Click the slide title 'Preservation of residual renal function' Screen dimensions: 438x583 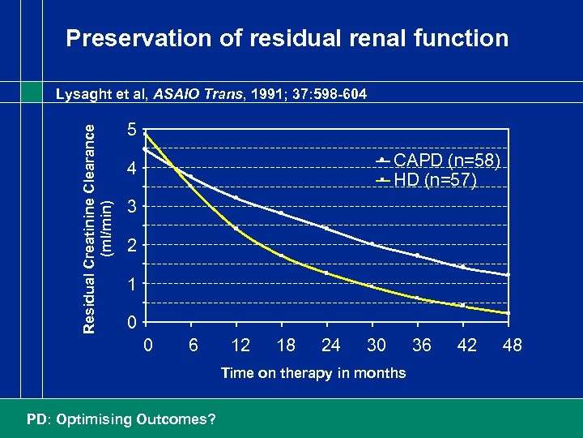(287, 38)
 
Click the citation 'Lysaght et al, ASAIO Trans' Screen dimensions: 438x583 (211, 94)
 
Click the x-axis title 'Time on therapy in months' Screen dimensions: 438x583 (313, 372)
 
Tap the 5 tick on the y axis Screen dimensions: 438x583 (131, 130)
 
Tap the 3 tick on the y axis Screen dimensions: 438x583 (131, 207)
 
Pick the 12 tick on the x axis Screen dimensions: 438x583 (240, 345)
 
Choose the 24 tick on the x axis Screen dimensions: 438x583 (330, 345)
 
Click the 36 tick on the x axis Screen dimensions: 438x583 (421, 345)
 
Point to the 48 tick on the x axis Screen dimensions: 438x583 (512, 345)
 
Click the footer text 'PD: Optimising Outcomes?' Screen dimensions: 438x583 (121, 419)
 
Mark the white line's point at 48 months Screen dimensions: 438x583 (508, 276)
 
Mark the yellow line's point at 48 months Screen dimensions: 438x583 (508, 313)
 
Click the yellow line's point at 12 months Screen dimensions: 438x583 (236, 228)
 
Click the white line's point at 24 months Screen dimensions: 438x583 (326, 228)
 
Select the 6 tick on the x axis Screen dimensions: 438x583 (193, 345)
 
